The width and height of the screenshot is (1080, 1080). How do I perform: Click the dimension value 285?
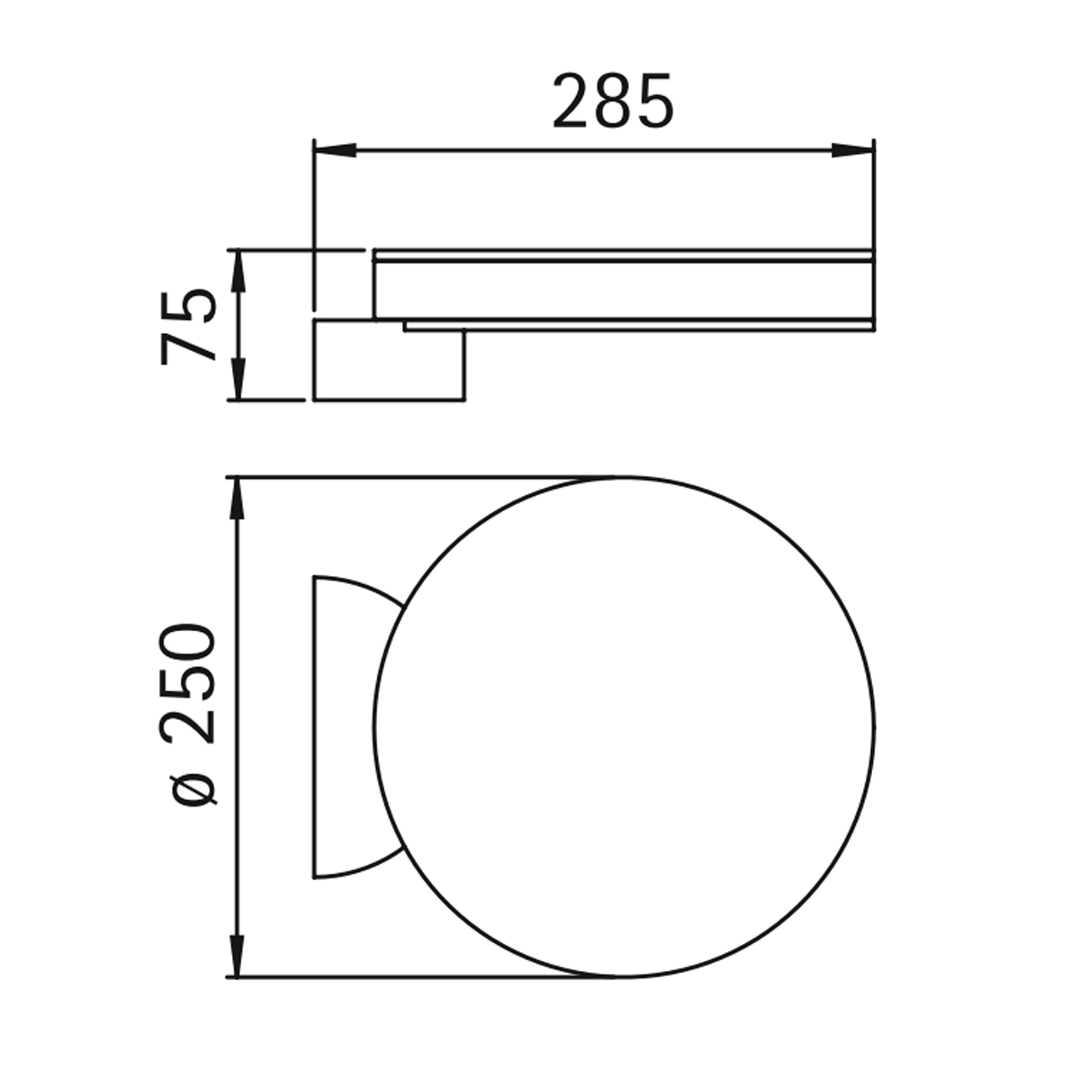612,101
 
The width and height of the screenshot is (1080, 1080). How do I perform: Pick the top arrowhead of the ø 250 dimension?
238,499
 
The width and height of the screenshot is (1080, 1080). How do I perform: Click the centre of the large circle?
625,726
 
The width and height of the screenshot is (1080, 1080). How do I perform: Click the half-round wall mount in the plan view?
346,726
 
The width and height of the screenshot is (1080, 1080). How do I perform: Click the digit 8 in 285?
614,101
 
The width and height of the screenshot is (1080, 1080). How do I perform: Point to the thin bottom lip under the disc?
639,325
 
